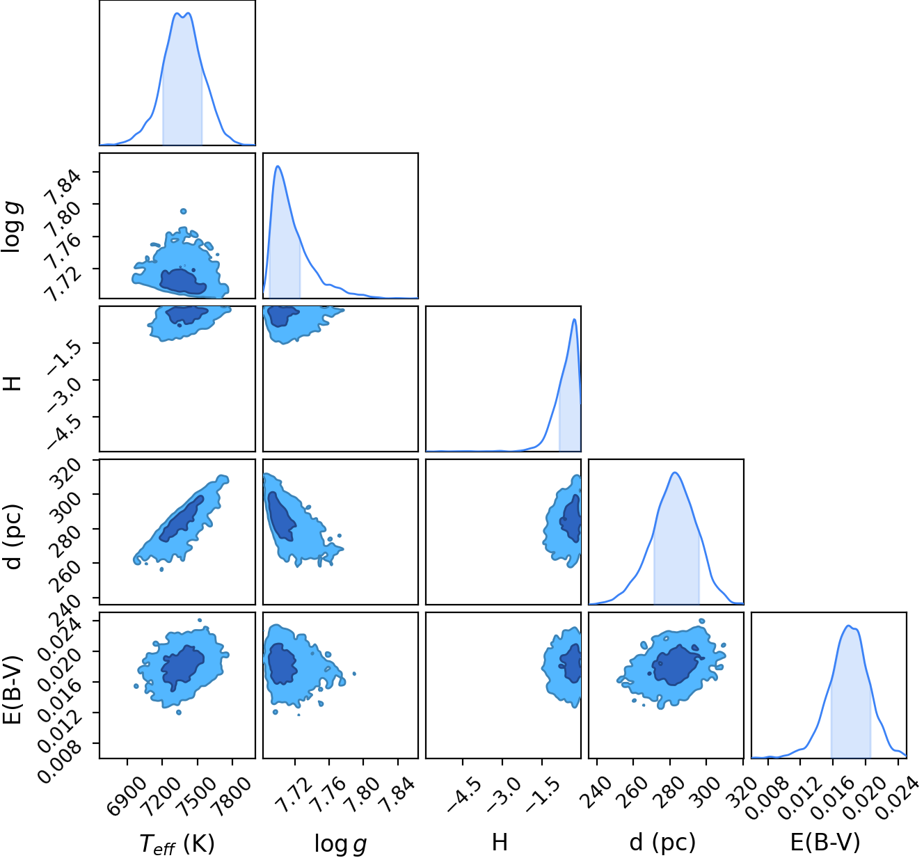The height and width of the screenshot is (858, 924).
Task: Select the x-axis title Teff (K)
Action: [177, 843]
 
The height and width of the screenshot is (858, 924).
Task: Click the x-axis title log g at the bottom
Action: [340, 843]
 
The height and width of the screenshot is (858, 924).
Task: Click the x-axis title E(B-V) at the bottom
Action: [825, 843]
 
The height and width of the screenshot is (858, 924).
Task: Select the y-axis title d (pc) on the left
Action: [13, 537]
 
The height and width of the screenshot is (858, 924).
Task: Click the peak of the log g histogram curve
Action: [278, 166]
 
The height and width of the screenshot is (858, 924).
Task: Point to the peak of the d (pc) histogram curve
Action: [675, 473]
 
